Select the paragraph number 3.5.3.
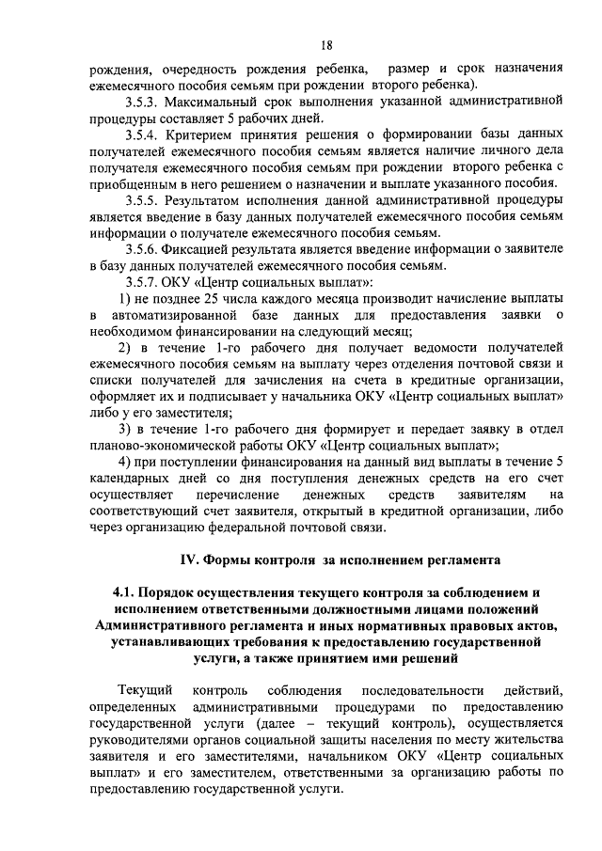pos(145,100)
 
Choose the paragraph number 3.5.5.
pos(145,200)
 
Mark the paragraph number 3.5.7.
pos(145,283)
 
